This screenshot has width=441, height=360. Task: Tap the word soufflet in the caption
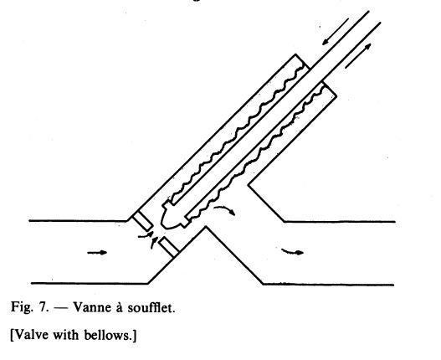click(151, 307)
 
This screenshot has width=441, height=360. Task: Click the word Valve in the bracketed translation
click(29, 335)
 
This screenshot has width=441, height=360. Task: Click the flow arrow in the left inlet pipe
click(97, 253)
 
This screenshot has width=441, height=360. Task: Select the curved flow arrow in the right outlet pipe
click(293, 252)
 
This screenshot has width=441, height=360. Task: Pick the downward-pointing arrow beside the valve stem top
click(336, 32)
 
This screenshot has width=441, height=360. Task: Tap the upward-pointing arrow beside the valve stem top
click(358, 56)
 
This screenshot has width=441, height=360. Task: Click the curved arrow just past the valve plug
click(225, 210)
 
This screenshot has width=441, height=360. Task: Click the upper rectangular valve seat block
click(143, 222)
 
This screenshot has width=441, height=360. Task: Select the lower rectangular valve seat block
click(168, 247)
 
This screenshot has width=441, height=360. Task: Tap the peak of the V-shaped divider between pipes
click(206, 226)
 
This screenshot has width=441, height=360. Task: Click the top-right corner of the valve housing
click(336, 96)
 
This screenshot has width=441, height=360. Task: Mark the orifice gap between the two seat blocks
click(156, 234)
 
